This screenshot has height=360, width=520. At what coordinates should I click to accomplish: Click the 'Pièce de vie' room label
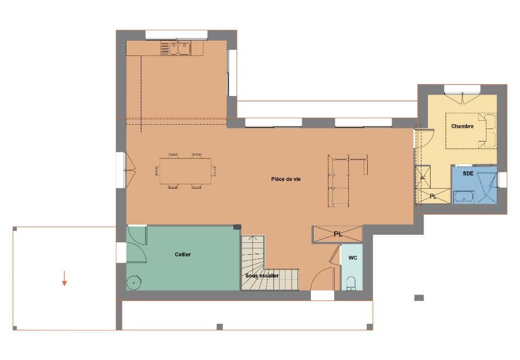[286, 179]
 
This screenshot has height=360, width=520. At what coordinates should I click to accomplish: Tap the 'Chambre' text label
[462, 126]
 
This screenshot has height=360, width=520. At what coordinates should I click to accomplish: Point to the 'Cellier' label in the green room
[183, 254]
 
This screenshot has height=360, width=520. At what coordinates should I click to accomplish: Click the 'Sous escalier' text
[262, 276]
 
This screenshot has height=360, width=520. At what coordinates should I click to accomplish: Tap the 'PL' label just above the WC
[338, 234]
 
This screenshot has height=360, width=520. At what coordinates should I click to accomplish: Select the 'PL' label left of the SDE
[433, 196]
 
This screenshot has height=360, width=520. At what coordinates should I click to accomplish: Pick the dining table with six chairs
[186, 171]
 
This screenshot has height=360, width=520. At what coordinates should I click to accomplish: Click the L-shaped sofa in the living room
[344, 179]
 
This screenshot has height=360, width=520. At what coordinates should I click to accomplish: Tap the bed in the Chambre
[470, 130]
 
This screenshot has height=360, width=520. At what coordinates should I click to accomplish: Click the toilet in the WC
[350, 283]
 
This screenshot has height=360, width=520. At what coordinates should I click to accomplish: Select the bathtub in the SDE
[463, 196]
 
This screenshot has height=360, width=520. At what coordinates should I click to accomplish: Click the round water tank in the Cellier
[133, 282]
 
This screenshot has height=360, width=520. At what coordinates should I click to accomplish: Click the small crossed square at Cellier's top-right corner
[237, 228]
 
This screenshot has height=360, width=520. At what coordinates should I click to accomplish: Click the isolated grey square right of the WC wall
[419, 298]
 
